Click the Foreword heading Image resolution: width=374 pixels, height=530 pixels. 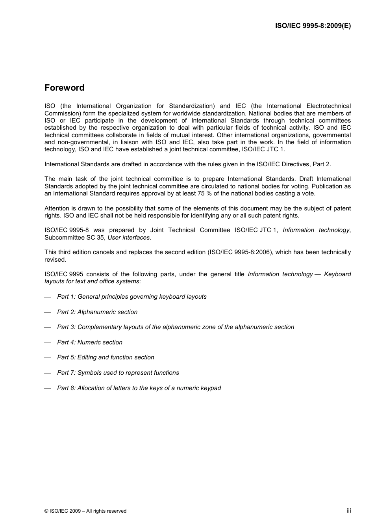pos(64,88)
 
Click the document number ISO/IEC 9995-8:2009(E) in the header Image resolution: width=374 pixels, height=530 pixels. pos(313,26)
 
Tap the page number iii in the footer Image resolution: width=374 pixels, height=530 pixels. pos(348,511)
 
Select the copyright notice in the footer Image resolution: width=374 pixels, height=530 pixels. pos(85,511)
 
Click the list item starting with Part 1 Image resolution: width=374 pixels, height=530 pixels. pos(131,297)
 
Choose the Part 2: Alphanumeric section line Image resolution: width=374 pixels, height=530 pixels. pos(97,312)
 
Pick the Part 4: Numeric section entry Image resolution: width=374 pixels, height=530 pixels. pos(90,342)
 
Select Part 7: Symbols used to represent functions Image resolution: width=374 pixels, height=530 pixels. pos(118,373)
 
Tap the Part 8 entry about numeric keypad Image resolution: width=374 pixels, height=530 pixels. pos(139,388)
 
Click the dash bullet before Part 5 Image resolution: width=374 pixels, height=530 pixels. pos(48,358)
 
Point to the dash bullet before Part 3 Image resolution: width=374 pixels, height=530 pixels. pos(48,327)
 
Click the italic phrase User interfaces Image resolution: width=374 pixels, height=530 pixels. pos(129,238)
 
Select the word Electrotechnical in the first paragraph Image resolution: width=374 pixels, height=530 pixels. pos(328,106)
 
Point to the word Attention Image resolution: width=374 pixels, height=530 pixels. pos(57,208)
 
